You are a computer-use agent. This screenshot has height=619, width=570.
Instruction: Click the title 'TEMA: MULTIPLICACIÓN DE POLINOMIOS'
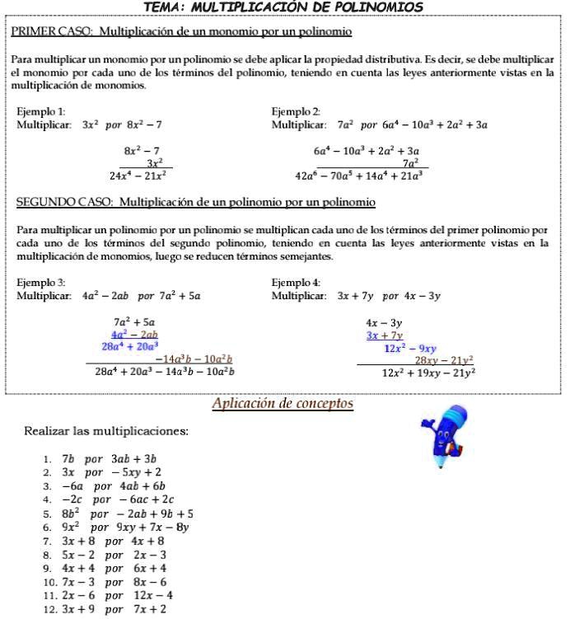click(x=283, y=7)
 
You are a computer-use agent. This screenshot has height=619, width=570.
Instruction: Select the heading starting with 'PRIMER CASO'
click(x=181, y=32)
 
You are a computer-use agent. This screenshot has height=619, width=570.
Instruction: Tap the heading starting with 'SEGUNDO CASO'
click(x=195, y=202)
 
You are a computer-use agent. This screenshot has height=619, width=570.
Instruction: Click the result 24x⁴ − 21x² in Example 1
click(x=138, y=176)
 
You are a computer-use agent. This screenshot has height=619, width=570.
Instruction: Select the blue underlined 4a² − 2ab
click(x=134, y=335)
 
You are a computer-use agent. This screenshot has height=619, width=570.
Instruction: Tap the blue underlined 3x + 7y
click(x=384, y=335)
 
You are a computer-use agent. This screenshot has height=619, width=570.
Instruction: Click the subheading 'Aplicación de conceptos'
click(x=283, y=404)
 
